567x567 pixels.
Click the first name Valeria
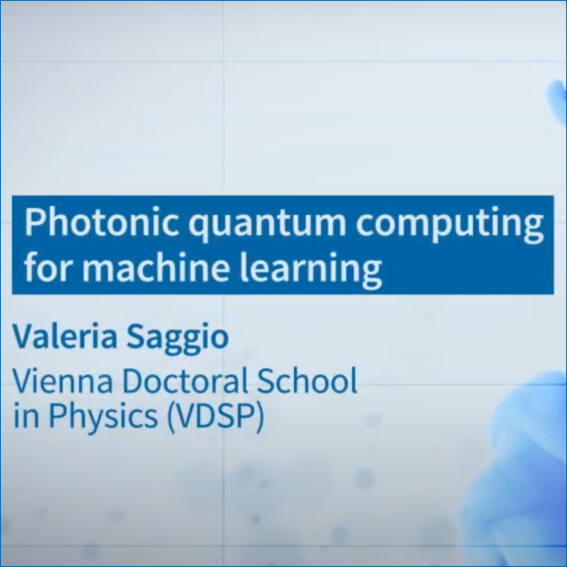pos(65,336)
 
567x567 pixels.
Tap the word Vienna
pos(63,380)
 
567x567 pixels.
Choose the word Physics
pos(104,416)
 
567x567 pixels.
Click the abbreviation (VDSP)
pos(216,416)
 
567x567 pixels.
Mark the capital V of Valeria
pos(25,336)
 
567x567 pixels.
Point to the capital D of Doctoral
pos(133,380)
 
